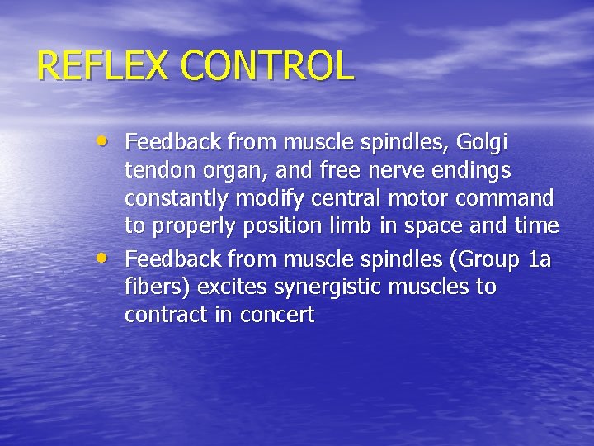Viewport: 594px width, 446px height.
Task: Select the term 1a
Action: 540,260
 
